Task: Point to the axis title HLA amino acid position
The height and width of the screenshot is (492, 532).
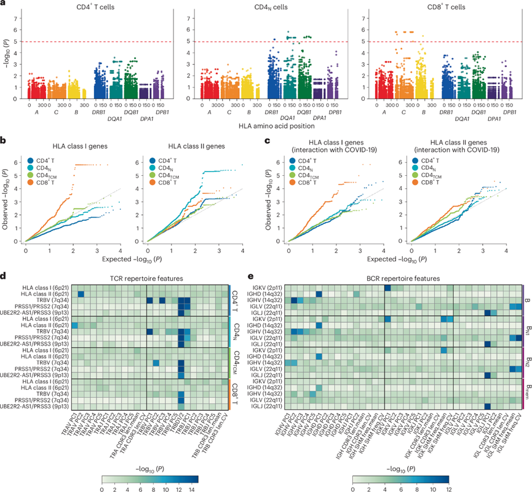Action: pos(265,126)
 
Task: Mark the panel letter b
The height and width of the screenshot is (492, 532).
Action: pos(4,141)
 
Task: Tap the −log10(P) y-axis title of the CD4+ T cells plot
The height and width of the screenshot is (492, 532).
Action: pos(6,52)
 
